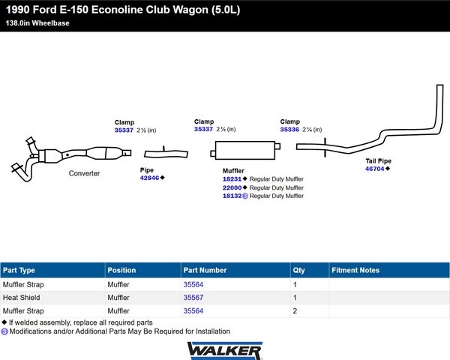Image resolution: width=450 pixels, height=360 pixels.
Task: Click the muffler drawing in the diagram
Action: pos(245,150)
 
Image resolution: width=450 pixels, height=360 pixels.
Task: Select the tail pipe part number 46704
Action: pos(374,169)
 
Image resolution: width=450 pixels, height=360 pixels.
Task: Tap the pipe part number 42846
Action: pos(149,178)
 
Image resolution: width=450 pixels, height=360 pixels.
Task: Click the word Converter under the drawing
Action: pos(84,173)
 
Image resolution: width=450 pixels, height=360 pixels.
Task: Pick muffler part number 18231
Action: pos(232,179)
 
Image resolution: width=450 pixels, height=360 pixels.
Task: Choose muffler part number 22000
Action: pos(232,187)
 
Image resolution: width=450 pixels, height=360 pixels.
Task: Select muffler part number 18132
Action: pos(232,196)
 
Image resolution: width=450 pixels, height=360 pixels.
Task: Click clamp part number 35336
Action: pos(289,130)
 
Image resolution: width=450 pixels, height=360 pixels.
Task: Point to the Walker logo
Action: pos(225,350)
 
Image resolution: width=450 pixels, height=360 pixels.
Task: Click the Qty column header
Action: pos(298,270)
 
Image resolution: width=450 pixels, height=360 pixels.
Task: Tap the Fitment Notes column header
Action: pos(355,270)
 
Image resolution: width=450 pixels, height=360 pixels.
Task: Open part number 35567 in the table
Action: pos(193,298)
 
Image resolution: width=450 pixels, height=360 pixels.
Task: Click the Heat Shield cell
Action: pos(21,298)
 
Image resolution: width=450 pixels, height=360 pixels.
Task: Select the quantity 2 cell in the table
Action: pos(295,311)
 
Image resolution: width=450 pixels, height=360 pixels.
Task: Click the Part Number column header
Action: pos(205,270)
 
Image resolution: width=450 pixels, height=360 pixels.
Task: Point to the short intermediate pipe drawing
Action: pos(166,154)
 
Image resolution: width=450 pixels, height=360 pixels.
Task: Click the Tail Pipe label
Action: pos(378,161)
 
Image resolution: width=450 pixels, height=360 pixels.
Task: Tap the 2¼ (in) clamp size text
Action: pos(312,130)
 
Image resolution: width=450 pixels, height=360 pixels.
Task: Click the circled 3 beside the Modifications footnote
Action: pos(4,331)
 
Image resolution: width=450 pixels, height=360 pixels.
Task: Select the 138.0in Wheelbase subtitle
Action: pos(37,23)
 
